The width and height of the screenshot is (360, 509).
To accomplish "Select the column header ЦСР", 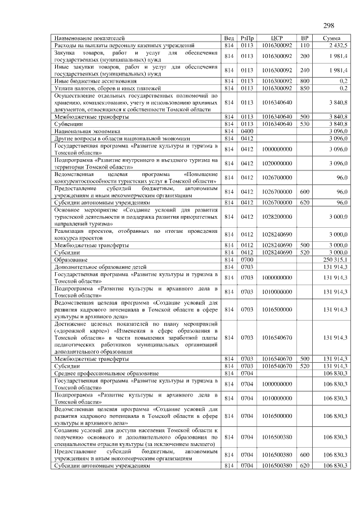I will pos(276,38).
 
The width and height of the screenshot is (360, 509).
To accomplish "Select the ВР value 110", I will pos(305,44).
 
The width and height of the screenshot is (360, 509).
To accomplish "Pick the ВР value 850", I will pos(305,88).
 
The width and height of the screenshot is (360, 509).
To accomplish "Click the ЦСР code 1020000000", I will pos(276,163).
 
